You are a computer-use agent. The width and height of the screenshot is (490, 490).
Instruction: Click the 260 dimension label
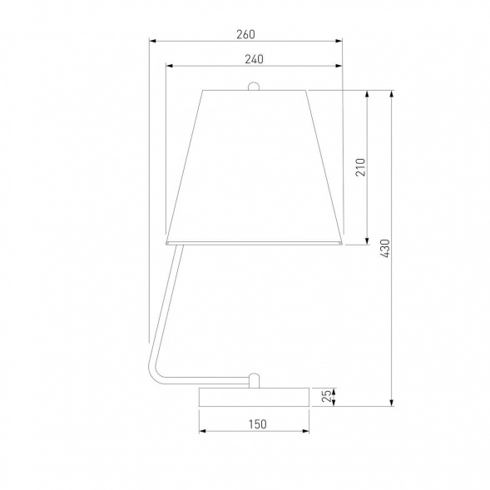click(245, 34)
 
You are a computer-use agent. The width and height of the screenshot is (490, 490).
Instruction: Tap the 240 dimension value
click(254, 59)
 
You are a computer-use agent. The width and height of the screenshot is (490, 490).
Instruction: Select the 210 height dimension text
click(360, 167)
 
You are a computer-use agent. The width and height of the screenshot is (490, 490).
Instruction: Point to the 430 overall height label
click(385, 249)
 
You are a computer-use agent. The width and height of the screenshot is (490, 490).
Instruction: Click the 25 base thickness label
click(327, 396)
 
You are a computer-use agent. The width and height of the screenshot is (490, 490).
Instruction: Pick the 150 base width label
click(258, 424)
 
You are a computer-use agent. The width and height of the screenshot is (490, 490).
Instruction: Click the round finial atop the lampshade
click(254, 87)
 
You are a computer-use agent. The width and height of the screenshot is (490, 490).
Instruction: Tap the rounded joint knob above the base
click(254, 380)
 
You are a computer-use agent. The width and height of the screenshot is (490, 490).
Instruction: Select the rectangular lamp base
click(254, 397)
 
